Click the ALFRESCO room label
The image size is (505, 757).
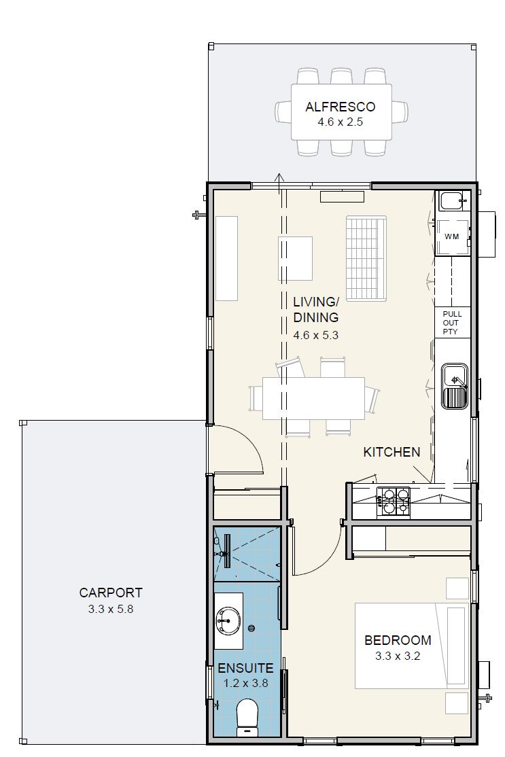pyautogui.click(x=341, y=107)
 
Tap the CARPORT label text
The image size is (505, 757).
pyautogui.click(x=111, y=593)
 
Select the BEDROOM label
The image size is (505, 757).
pyautogui.click(x=398, y=640)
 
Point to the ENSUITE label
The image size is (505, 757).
pyautogui.click(x=245, y=668)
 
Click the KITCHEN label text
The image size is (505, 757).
pyautogui.click(x=391, y=452)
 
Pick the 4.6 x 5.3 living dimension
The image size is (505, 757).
pyautogui.click(x=316, y=334)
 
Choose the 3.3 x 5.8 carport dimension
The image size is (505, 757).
pyautogui.click(x=111, y=609)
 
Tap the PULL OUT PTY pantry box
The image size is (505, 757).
pyautogui.click(x=453, y=323)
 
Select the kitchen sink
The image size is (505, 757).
pyautogui.click(x=454, y=386)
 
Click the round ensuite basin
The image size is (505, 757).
pyautogui.click(x=229, y=620)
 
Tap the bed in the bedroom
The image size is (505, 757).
pyautogui.click(x=412, y=645)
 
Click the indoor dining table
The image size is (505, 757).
pyautogui.click(x=313, y=398)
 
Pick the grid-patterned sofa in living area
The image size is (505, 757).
pyautogui.click(x=366, y=258)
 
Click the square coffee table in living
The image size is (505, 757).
pyautogui.click(x=295, y=259)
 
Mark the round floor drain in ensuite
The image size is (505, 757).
pyautogui.click(x=251, y=628)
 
